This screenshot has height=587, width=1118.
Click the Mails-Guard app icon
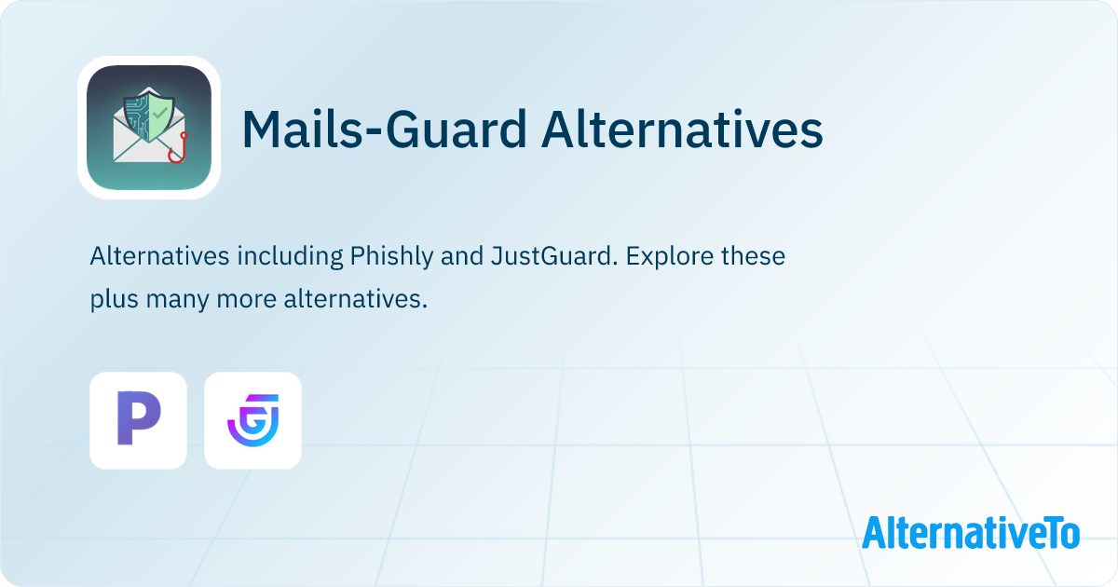click(x=149, y=128)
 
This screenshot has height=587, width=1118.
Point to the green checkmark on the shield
click(x=160, y=112)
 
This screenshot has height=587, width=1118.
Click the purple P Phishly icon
click(x=138, y=420)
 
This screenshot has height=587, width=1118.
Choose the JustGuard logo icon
click(x=252, y=420)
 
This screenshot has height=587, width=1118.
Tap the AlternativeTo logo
click(x=971, y=533)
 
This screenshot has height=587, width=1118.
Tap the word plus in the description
click(x=111, y=300)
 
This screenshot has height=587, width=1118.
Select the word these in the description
click(x=753, y=256)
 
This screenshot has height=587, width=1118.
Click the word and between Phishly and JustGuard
click(x=461, y=256)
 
